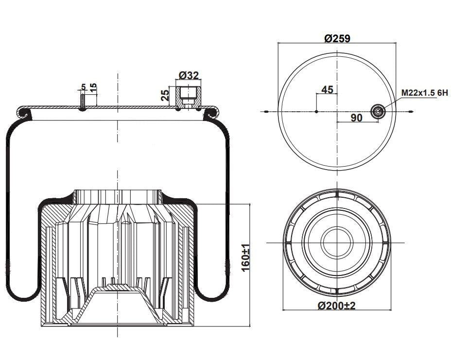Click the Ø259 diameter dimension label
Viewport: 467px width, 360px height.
point(337,38)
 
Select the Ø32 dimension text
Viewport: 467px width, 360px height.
point(189,75)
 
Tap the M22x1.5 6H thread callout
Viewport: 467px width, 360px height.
point(425,92)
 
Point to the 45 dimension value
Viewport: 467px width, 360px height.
point(327,89)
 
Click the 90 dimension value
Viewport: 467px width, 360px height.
point(357,118)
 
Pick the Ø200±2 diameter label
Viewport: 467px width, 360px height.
point(337,306)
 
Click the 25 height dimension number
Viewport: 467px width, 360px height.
point(165,94)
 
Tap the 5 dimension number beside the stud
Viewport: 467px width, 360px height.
point(83,87)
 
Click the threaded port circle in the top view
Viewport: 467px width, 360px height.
point(378,112)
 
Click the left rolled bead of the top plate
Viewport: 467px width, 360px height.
point(25,113)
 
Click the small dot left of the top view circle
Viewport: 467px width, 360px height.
point(267,112)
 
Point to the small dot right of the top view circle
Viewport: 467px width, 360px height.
point(412,112)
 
